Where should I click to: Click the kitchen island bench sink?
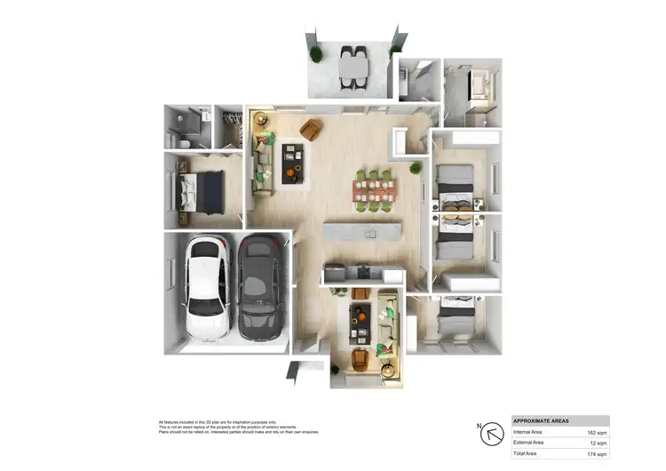click(x=371, y=234)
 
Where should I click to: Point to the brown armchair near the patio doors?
click(x=310, y=130)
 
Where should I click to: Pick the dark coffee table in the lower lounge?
click(x=360, y=325)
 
